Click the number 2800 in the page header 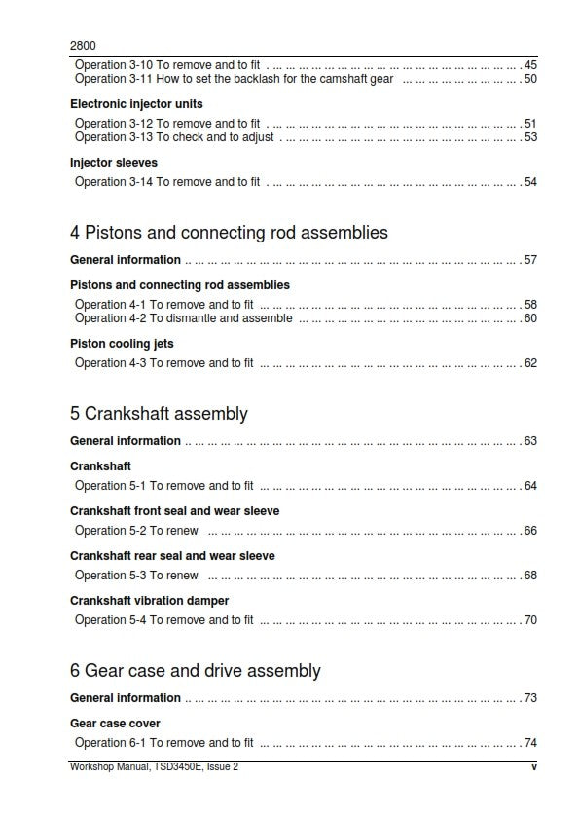[83, 45]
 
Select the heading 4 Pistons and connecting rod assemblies [229, 233]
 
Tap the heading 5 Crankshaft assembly [159, 414]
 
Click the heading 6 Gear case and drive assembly [195, 671]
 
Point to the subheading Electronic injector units [136, 104]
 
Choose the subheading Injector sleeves [114, 163]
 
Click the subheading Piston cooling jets [122, 344]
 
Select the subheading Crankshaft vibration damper [149, 601]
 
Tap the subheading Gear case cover [115, 724]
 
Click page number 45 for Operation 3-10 [530, 65]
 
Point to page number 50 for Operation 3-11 [530, 79]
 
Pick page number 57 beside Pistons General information [530, 260]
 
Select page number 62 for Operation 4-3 [530, 363]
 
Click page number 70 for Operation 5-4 [530, 620]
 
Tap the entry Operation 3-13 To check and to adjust [174, 137]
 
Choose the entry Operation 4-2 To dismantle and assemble [183, 318]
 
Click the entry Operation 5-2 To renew [136, 531]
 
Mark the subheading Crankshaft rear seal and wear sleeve [172, 556]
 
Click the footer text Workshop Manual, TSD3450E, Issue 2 [154, 767]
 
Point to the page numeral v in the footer [534, 767]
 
